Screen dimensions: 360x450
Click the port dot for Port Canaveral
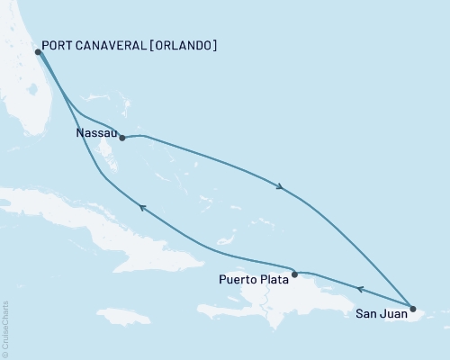38,52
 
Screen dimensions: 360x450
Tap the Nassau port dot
121,139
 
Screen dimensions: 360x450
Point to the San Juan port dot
412,309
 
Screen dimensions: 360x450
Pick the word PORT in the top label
61,46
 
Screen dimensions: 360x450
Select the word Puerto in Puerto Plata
238,279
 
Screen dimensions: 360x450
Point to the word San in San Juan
365,316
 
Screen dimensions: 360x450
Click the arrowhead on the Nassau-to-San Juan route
282,187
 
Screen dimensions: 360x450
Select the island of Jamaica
124,317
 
